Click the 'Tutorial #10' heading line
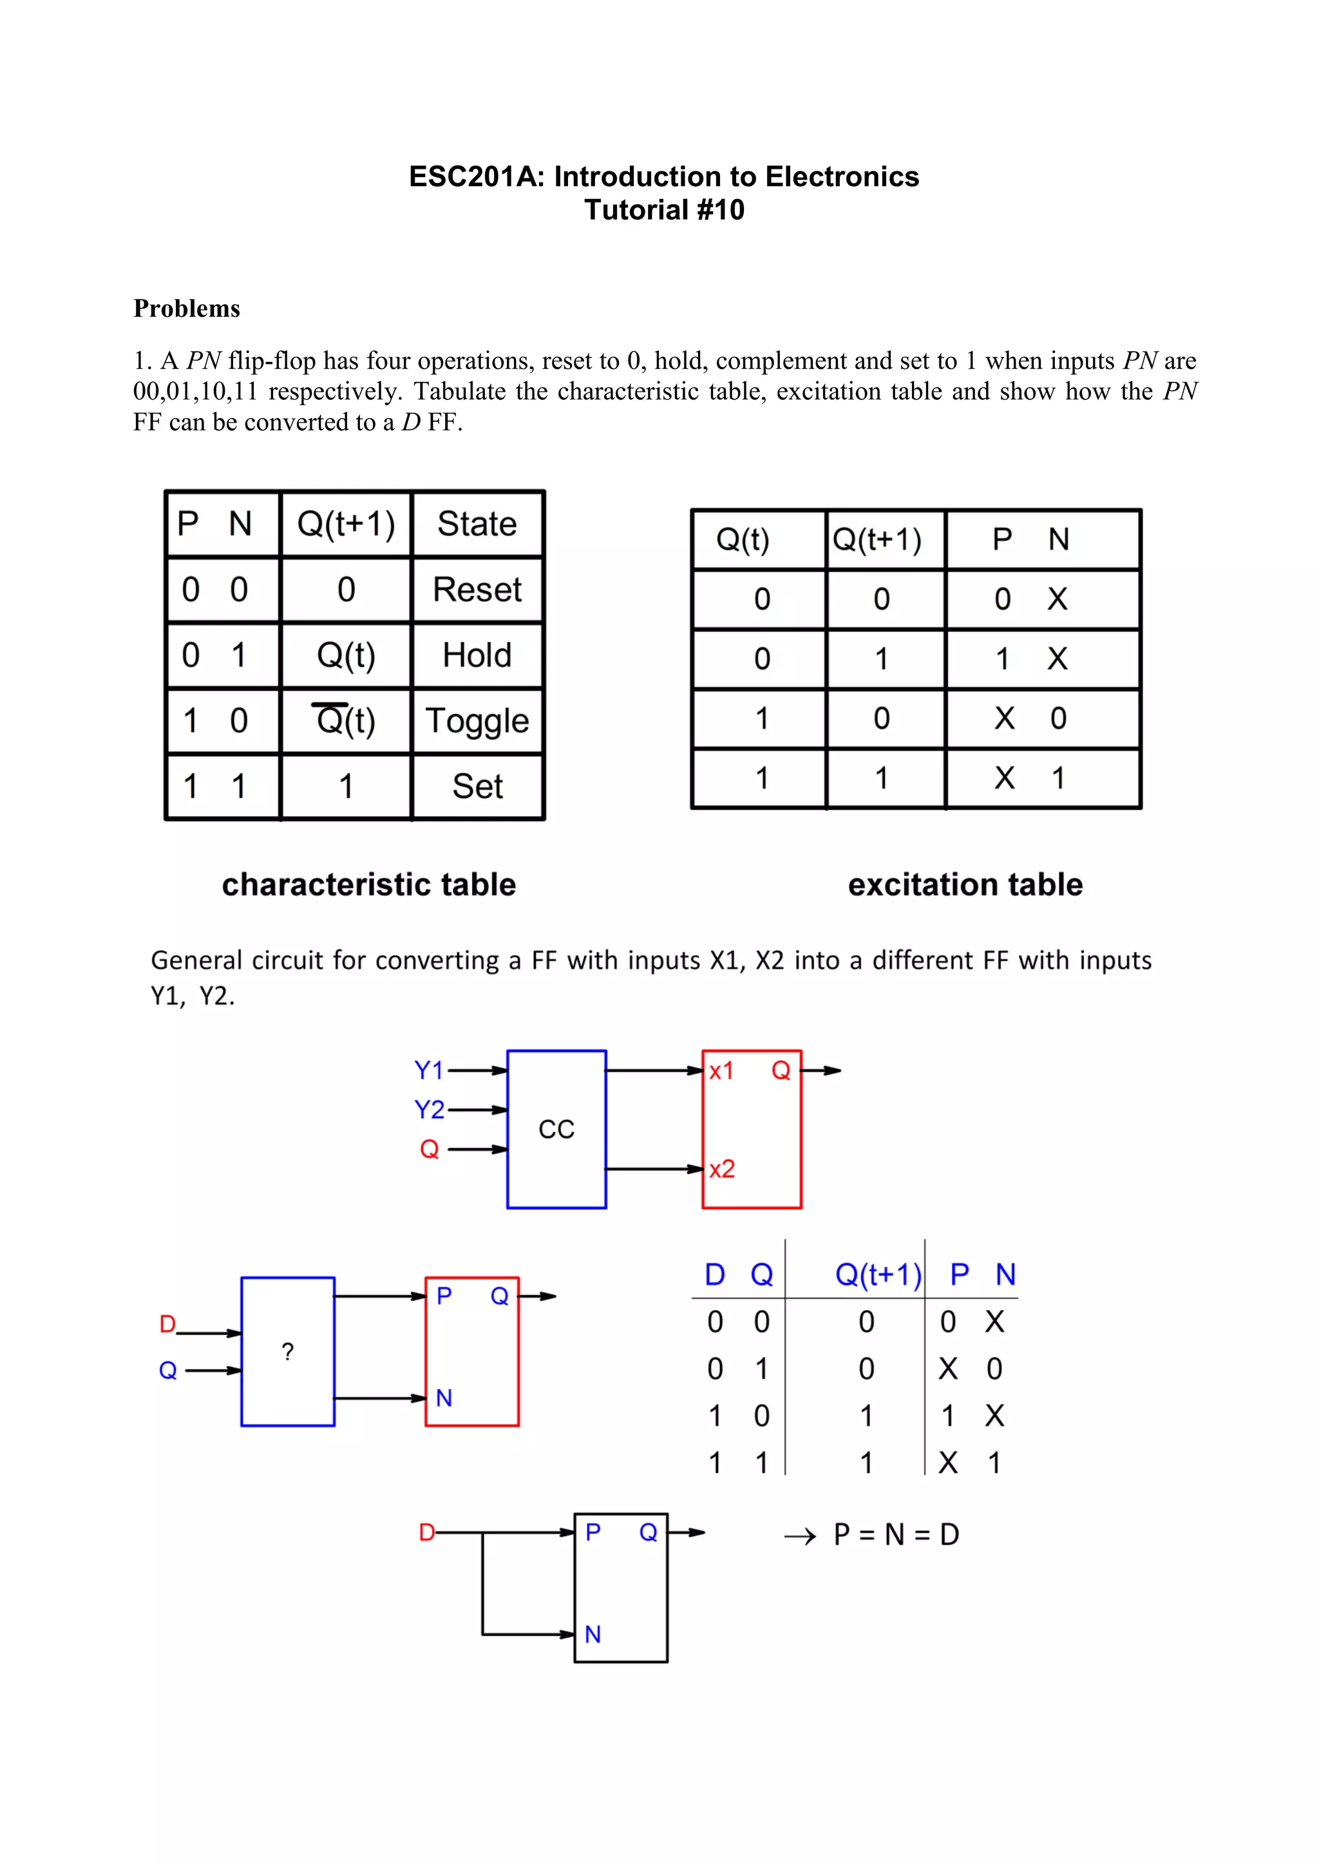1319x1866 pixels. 664,210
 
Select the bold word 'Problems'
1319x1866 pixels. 186,309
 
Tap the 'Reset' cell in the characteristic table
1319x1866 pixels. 477,590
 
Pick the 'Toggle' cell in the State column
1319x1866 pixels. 477,721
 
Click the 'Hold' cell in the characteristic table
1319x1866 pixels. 477,655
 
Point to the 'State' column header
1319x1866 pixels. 477,524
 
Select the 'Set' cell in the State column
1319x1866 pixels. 477,786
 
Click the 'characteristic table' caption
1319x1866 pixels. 369,884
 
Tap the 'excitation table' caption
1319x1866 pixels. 965,884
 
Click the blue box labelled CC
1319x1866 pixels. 556,1129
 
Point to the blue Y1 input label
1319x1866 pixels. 429,1071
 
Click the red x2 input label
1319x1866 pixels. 722,1170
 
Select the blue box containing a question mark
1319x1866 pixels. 288,1351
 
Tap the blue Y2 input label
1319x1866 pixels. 429,1109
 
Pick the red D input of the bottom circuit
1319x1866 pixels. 426,1533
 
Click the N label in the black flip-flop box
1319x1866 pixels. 593,1634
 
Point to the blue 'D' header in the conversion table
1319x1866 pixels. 714,1274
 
